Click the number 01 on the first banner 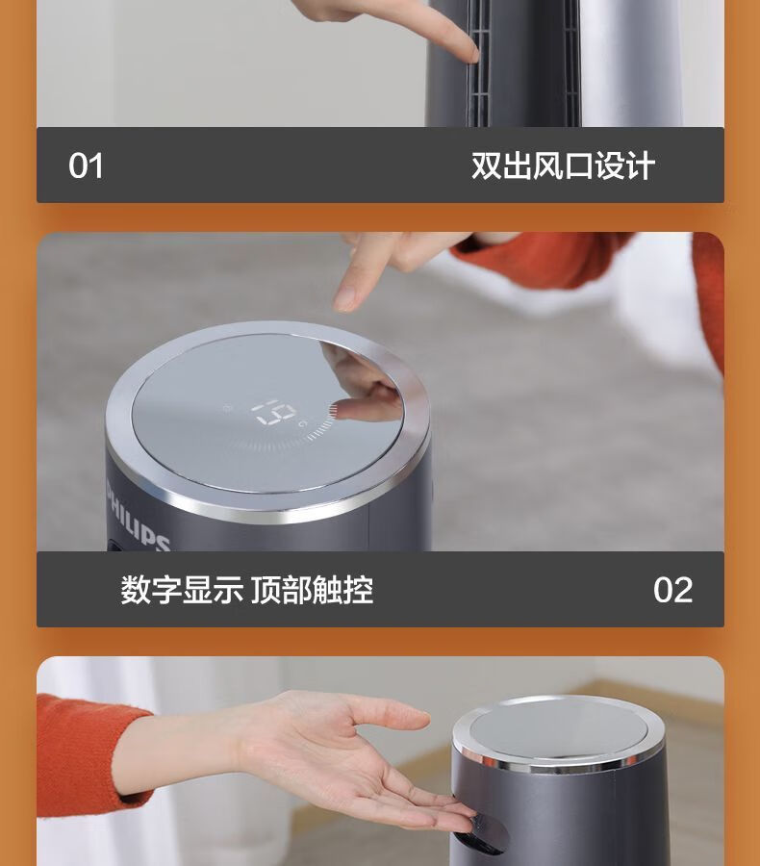pyautogui.click(x=86, y=166)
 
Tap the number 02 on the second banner pyautogui.click(x=672, y=590)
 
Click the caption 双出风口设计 pyautogui.click(x=563, y=166)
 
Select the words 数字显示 pyautogui.click(x=182, y=589)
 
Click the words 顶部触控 pyautogui.click(x=313, y=589)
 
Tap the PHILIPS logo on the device pyautogui.click(x=137, y=520)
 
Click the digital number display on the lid pyautogui.click(x=274, y=413)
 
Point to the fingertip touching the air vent pyautogui.click(x=471, y=54)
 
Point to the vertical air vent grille pyautogui.click(x=478, y=64)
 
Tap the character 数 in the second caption pyautogui.click(x=136, y=589)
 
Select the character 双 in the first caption pyautogui.click(x=487, y=166)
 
